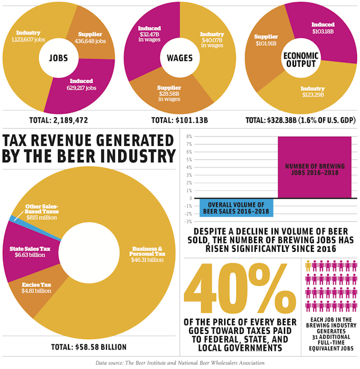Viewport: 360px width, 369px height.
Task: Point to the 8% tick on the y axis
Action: tap(189, 136)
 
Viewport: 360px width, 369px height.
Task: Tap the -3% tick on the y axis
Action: tap(189, 221)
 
